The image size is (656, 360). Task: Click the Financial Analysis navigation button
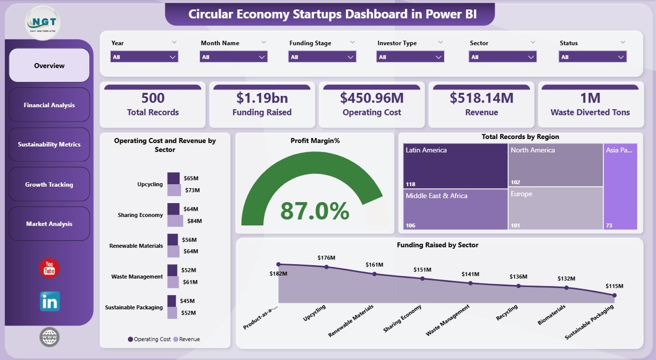click(x=49, y=105)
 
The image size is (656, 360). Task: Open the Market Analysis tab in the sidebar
click(x=49, y=224)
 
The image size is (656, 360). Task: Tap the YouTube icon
click(x=49, y=268)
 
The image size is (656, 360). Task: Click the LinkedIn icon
click(x=50, y=302)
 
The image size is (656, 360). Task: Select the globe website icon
click(x=49, y=337)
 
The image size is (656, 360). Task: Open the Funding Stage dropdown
click(x=322, y=57)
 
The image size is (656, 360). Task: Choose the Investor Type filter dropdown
click(x=411, y=57)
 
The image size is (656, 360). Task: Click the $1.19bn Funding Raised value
click(x=262, y=98)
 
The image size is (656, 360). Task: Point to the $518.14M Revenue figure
click(x=481, y=98)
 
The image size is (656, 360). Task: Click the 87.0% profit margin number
click(x=315, y=211)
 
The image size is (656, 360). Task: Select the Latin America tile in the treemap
click(x=455, y=166)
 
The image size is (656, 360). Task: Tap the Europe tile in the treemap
click(x=555, y=208)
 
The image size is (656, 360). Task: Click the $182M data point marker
click(x=278, y=265)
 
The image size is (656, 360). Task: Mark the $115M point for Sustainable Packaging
click(x=614, y=295)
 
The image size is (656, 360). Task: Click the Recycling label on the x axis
click(x=508, y=313)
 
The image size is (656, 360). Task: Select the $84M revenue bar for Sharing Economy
click(x=175, y=221)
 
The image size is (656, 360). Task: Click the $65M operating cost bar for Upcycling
click(x=173, y=178)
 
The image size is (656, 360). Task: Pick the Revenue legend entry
click(x=187, y=339)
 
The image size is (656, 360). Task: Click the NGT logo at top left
click(x=43, y=23)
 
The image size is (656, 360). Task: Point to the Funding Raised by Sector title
click(x=437, y=245)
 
